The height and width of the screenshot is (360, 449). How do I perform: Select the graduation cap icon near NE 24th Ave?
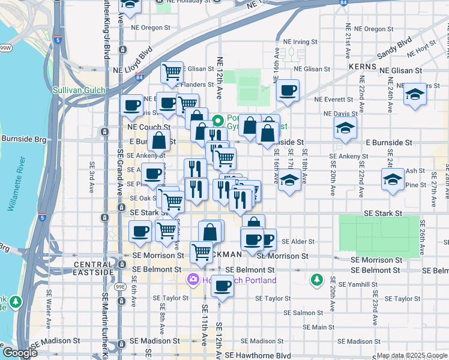click(415, 94)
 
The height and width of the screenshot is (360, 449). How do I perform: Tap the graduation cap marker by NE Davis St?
click(345, 127)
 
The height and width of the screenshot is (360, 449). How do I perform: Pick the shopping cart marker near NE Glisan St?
click(172, 73)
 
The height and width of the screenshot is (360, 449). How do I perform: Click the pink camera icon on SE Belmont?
click(193, 279)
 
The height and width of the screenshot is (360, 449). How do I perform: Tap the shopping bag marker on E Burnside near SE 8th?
click(159, 142)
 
